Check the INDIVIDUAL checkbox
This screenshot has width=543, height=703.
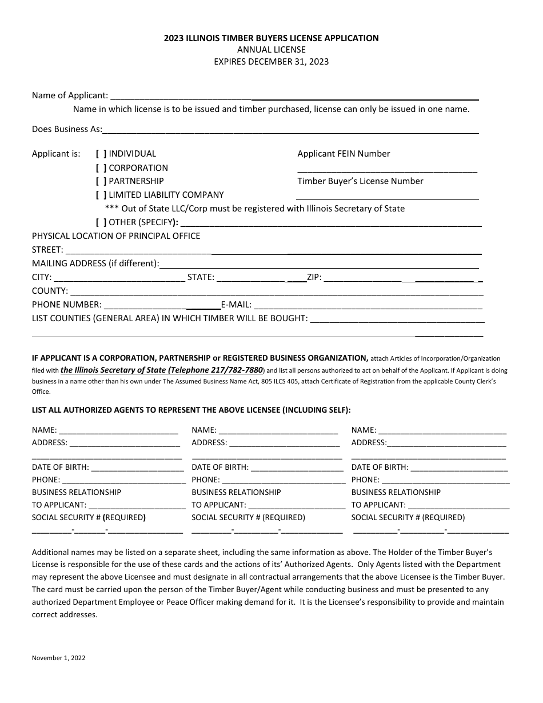tap(101, 154)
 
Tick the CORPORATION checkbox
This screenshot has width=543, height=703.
tap(101, 168)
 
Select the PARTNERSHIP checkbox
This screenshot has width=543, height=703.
tap(101, 181)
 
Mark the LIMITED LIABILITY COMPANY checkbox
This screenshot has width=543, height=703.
tap(101, 195)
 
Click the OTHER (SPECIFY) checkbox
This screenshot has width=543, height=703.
tap(101, 222)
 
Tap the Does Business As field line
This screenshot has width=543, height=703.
tap(290, 130)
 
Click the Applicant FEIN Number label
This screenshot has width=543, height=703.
tap(344, 154)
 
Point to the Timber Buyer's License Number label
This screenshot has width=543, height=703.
tap(360, 181)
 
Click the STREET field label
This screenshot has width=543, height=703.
tap(47, 250)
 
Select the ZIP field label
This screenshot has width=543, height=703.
tap(314, 277)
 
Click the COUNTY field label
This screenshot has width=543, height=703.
tap(50, 291)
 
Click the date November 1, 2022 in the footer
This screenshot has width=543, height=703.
tap(58, 658)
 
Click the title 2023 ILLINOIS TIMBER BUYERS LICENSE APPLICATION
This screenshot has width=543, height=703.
tap(271, 38)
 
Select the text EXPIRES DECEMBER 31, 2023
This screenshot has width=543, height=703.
tap(271, 62)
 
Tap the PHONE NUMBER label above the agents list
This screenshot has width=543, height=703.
tap(67, 305)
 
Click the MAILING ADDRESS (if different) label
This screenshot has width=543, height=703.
tap(95, 263)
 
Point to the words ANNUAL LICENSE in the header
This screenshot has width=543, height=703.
tap(271, 50)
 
